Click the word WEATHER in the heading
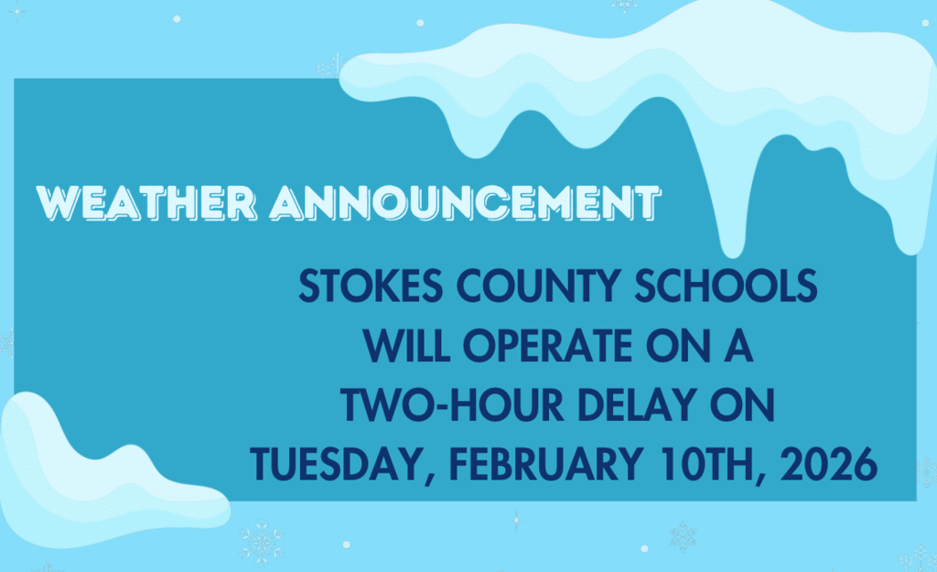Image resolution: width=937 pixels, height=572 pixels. click(150, 202)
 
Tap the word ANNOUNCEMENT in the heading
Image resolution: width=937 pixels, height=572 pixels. click(465, 202)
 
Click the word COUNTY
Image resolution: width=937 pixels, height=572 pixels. click(536, 287)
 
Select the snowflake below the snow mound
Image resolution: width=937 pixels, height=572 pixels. click(262, 541)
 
